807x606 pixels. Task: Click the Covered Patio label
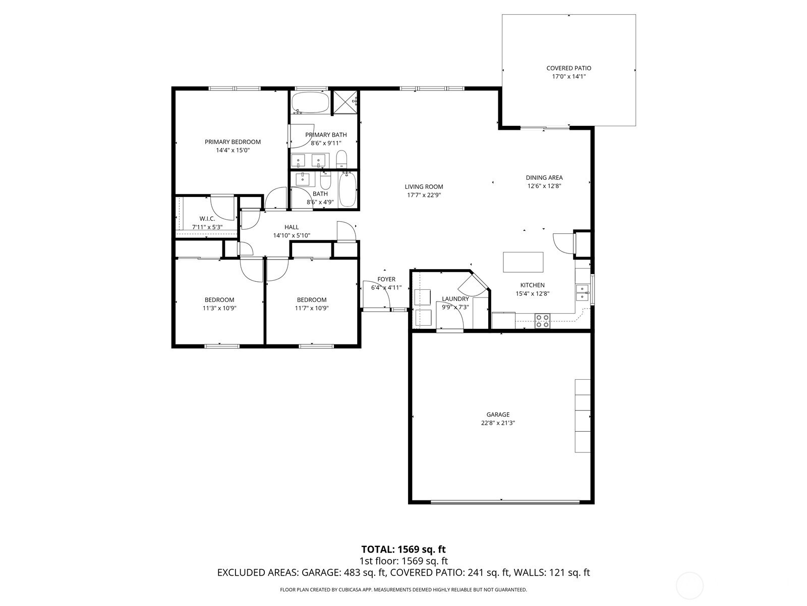pyautogui.click(x=568, y=68)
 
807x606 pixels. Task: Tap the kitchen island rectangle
pyautogui.click(x=523, y=262)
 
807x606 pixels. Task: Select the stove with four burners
pyautogui.click(x=542, y=321)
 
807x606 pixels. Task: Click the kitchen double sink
pyautogui.click(x=582, y=292)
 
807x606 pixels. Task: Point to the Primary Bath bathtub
pyautogui.click(x=310, y=103)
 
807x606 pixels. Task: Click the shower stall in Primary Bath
pyautogui.click(x=345, y=103)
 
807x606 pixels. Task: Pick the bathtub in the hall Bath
pyautogui.click(x=347, y=190)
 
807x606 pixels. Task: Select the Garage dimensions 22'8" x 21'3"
pyautogui.click(x=498, y=423)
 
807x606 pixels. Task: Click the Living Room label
pyautogui.click(x=424, y=186)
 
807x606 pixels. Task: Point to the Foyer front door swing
pyautogui.click(x=376, y=294)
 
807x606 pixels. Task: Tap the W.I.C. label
pyautogui.click(x=207, y=219)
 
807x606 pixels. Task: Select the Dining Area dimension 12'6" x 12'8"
pyautogui.click(x=544, y=186)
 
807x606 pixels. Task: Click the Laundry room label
pyautogui.click(x=455, y=299)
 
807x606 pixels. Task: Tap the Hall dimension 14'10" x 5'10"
pyautogui.click(x=292, y=235)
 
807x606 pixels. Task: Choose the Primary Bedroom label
pyautogui.click(x=233, y=142)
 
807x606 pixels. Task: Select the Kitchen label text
pyautogui.click(x=532, y=285)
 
